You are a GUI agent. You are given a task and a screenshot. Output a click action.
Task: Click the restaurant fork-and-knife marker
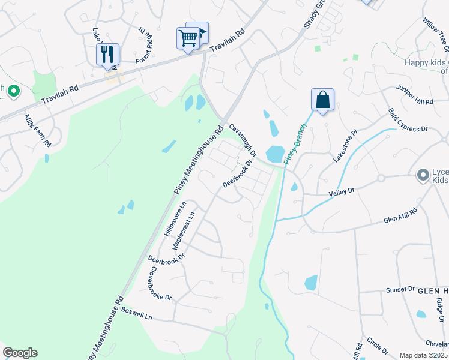(x=107, y=54)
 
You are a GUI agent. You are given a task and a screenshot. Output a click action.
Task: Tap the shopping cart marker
(x=188, y=38)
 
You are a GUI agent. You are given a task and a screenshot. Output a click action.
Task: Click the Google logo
(x=20, y=353)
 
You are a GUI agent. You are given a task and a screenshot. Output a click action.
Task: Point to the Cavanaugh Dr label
(x=243, y=140)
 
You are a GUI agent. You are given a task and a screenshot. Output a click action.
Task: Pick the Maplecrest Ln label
(x=184, y=231)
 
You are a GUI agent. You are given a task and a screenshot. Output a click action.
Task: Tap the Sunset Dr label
(x=400, y=289)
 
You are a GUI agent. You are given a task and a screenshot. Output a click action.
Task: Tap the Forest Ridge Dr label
(x=141, y=44)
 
